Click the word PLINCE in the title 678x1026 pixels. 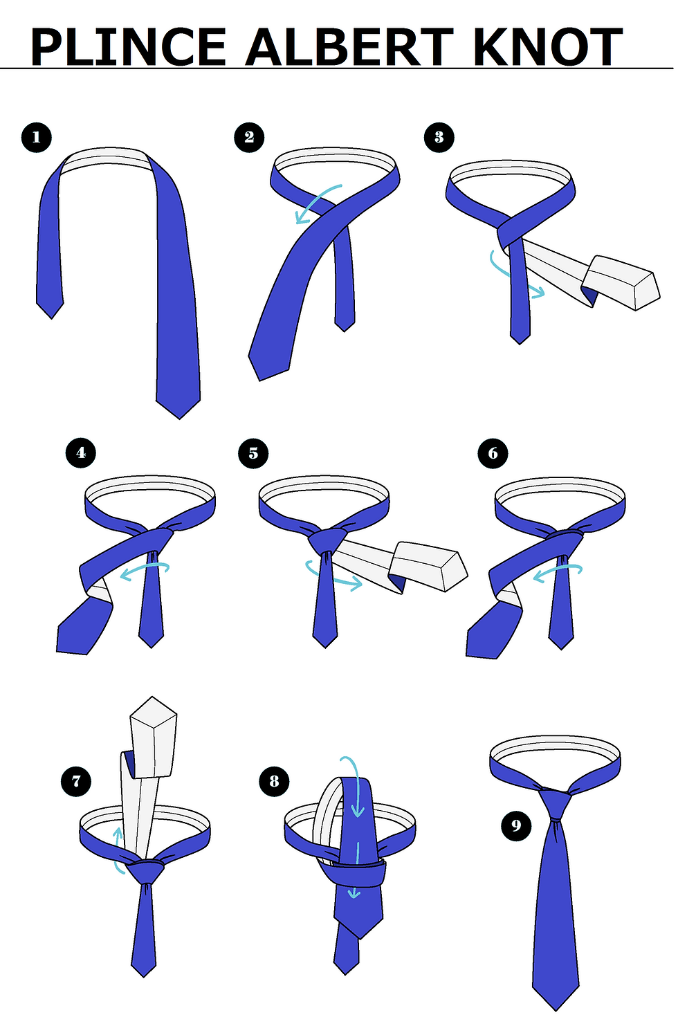128,46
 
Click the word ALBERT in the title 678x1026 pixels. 349,46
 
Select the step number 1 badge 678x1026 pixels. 37,138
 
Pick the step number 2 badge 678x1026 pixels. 249,137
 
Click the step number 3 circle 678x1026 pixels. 439,137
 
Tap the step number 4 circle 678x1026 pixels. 81,453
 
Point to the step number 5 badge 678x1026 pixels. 253,453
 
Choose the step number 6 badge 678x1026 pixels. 493,453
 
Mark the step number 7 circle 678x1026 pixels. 76,781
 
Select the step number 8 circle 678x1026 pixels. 274,781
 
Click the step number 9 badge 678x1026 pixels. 516,826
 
